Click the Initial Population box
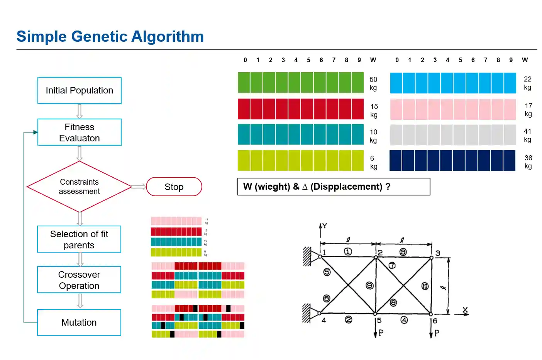(79, 90)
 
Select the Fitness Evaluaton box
(79, 132)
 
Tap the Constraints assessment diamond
(79, 187)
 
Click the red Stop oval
(174, 187)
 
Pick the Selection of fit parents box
(79, 239)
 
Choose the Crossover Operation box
(79, 280)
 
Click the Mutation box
(79, 323)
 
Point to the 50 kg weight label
(373, 83)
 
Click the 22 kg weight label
(528, 83)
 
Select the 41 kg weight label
(528, 135)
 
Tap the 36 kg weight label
(528, 162)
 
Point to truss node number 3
(437, 253)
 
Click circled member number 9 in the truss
(369, 285)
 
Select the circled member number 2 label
(348, 319)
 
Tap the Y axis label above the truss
(324, 226)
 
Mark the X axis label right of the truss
(465, 310)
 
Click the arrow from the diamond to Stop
(139, 187)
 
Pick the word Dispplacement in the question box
(346, 187)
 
